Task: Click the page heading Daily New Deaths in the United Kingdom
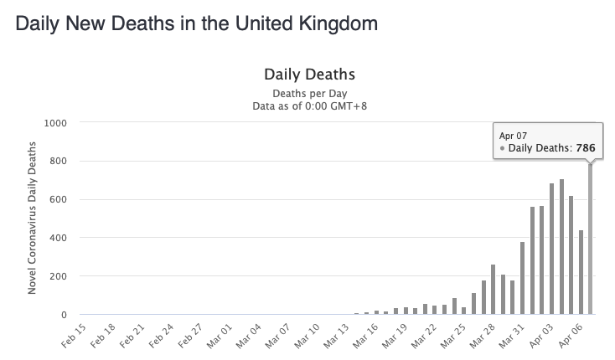[196, 23]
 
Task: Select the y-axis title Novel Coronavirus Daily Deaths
[31, 219]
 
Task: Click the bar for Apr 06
[581, 273]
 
